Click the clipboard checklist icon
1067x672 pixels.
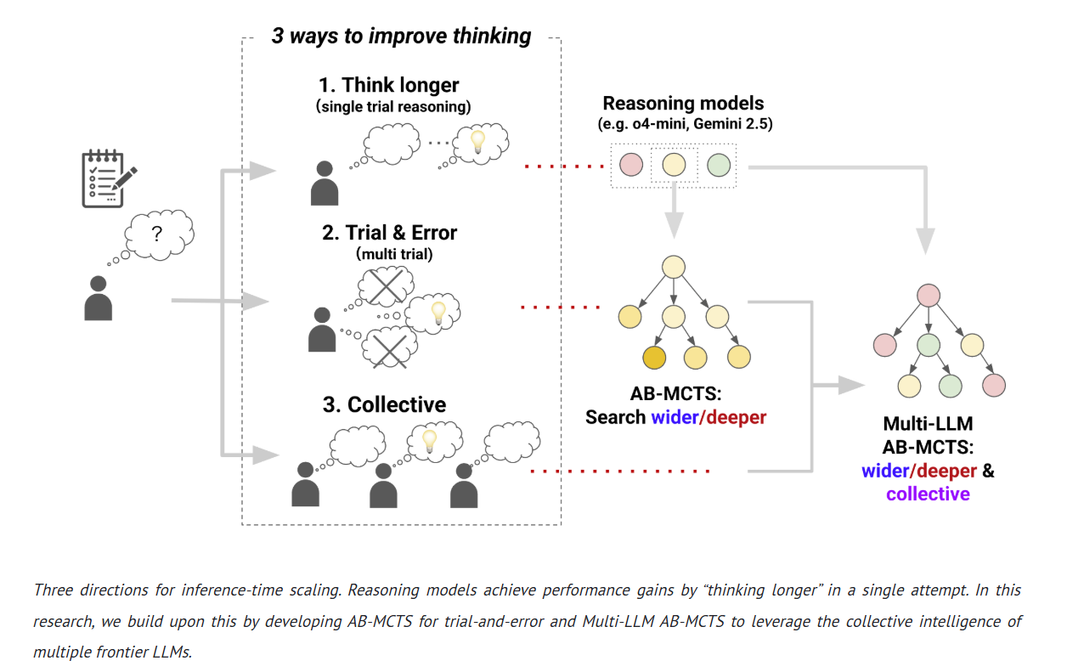click(x=107, y=179)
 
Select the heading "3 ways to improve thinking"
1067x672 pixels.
click(x=401, y=36)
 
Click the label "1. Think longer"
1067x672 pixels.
click(x=388, y=85)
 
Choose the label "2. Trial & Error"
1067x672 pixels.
click(x=389, y=233)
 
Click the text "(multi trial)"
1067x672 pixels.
click(x=389, y=253)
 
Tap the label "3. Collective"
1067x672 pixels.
click(x=384, y=404)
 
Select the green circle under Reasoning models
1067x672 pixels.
click(x=719, y=165)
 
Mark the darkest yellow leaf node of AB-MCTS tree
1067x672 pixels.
click(x=654, y=358)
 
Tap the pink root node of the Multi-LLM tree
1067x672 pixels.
click(x=928, y=296)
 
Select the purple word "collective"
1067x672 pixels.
click(x=928, y=494)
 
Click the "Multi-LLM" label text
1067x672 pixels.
click(x=928, y=424)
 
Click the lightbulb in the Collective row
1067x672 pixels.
click(x=430, y=440)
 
